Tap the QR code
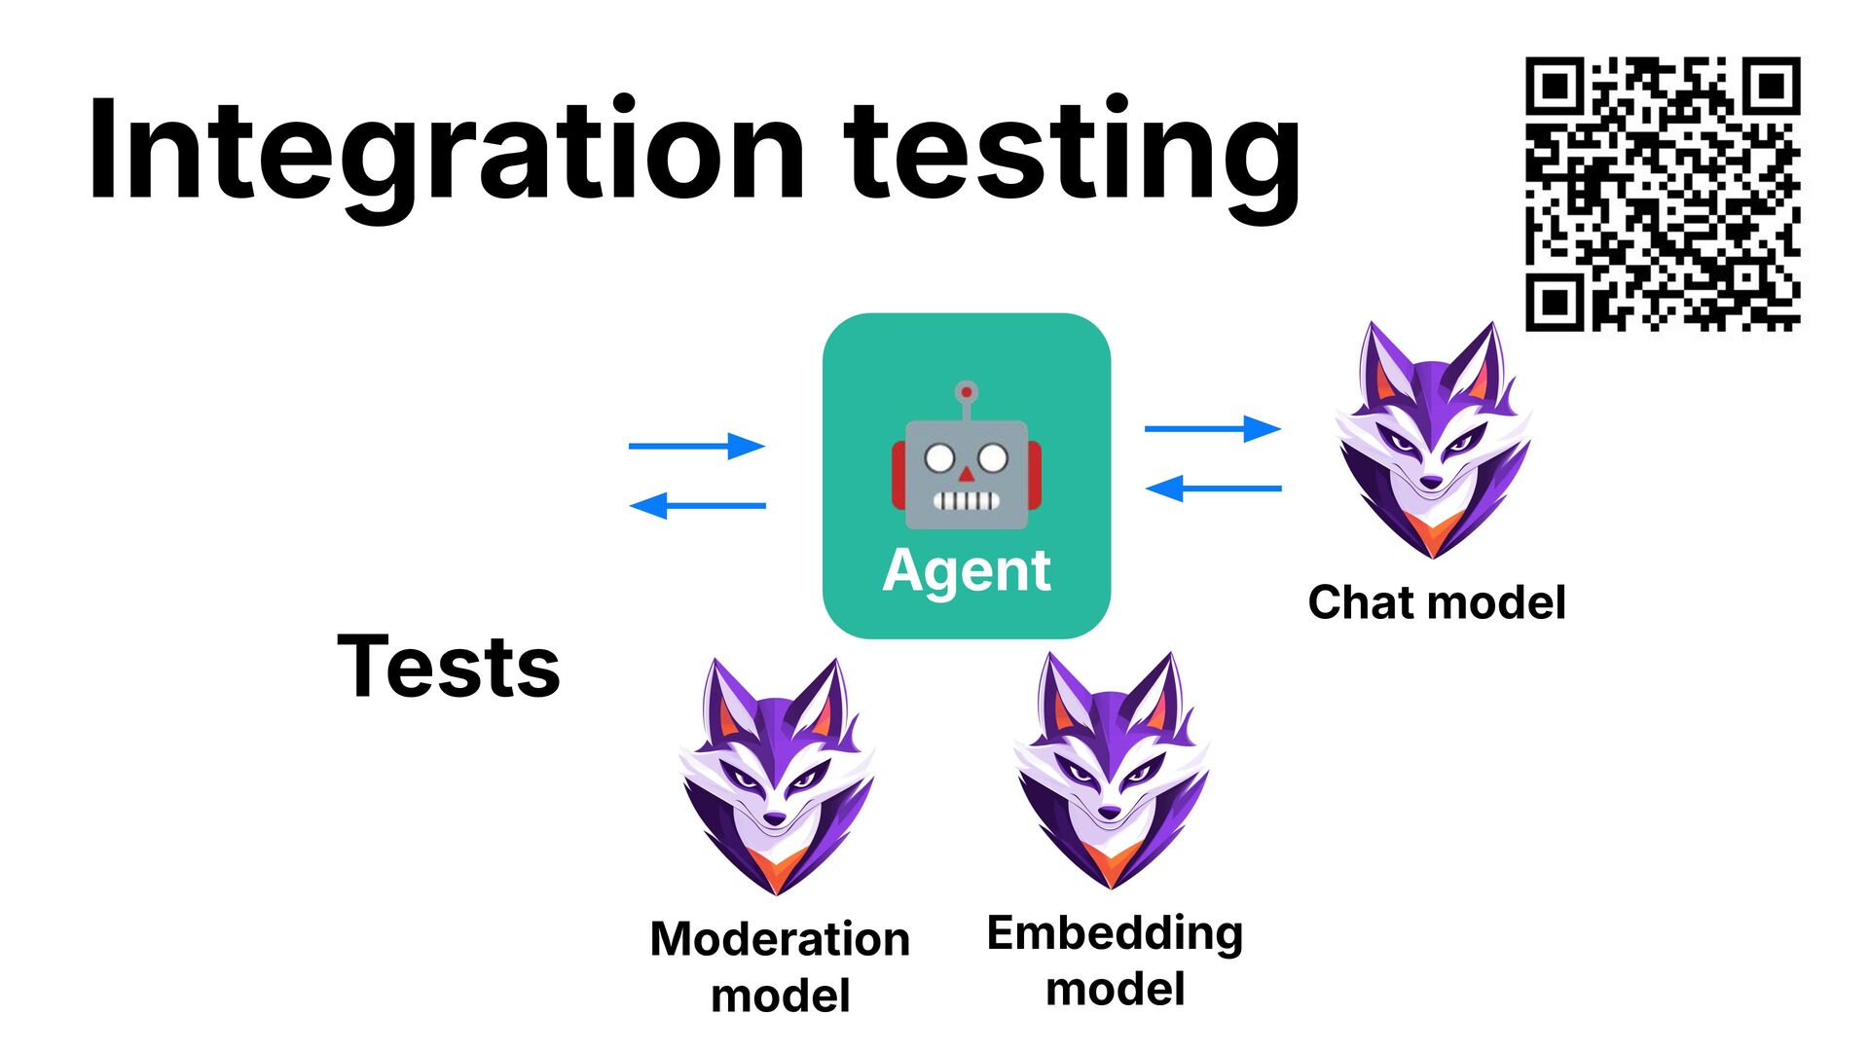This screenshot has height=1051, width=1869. click(x=1662, y=194)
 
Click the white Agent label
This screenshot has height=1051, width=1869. click(x=967, y=570)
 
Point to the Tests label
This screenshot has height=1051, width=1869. click(x=449, y=667)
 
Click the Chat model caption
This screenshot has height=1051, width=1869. click(x=1437, y=602)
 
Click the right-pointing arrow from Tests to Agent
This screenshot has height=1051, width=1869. click(x=697, y=446)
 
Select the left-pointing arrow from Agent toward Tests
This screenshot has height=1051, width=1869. click(x=697, y=506)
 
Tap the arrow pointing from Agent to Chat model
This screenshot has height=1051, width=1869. click(x=1213, y=428)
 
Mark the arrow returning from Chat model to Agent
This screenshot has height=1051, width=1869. click(x=1213, y=488)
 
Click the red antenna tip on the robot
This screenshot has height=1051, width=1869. click(x=966, y=392)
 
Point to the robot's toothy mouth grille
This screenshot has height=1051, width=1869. click(x=966, y=501)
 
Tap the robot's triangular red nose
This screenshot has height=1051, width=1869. click(x=966, y=475)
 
